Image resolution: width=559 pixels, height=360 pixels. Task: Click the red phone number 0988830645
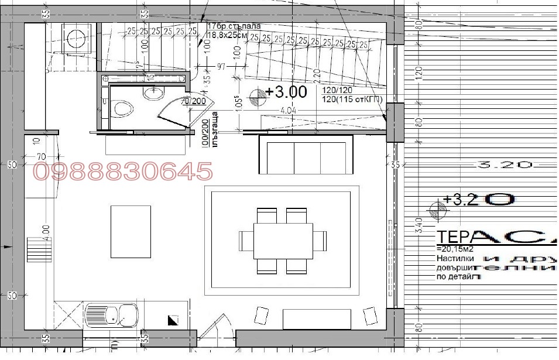coord(123,172)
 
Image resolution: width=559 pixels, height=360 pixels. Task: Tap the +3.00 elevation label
coord(286,92)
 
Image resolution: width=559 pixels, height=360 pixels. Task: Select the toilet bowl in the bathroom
coord(122,108)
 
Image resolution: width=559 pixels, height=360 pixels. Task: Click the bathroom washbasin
coord(155,92)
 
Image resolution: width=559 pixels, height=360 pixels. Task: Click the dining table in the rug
coord(283,241)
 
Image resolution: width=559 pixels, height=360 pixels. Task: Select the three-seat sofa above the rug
coord(306,156)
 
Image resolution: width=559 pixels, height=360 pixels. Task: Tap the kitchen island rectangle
coord(131,232)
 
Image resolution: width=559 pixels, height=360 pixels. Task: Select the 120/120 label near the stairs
coord(338,91)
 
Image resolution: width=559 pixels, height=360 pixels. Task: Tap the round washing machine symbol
coord(76,38)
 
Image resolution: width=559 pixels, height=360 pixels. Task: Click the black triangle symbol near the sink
coord(173,320)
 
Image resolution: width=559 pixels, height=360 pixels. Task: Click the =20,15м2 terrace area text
coord(455,248)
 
